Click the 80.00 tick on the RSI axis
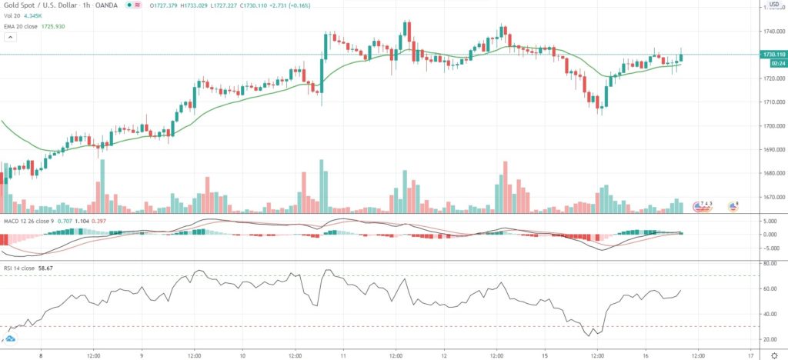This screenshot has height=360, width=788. pyautogui.click(x=768, y=263)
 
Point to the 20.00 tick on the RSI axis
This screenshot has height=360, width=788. pyautogui.click(x=768, y=339)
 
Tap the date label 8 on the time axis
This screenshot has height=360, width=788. pyautogui.click(x=40, y=355)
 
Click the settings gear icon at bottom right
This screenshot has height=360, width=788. pyautogui.click(x=775, y=355)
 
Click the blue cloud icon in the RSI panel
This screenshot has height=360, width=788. pyautogui.click(x=12, y=338)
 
